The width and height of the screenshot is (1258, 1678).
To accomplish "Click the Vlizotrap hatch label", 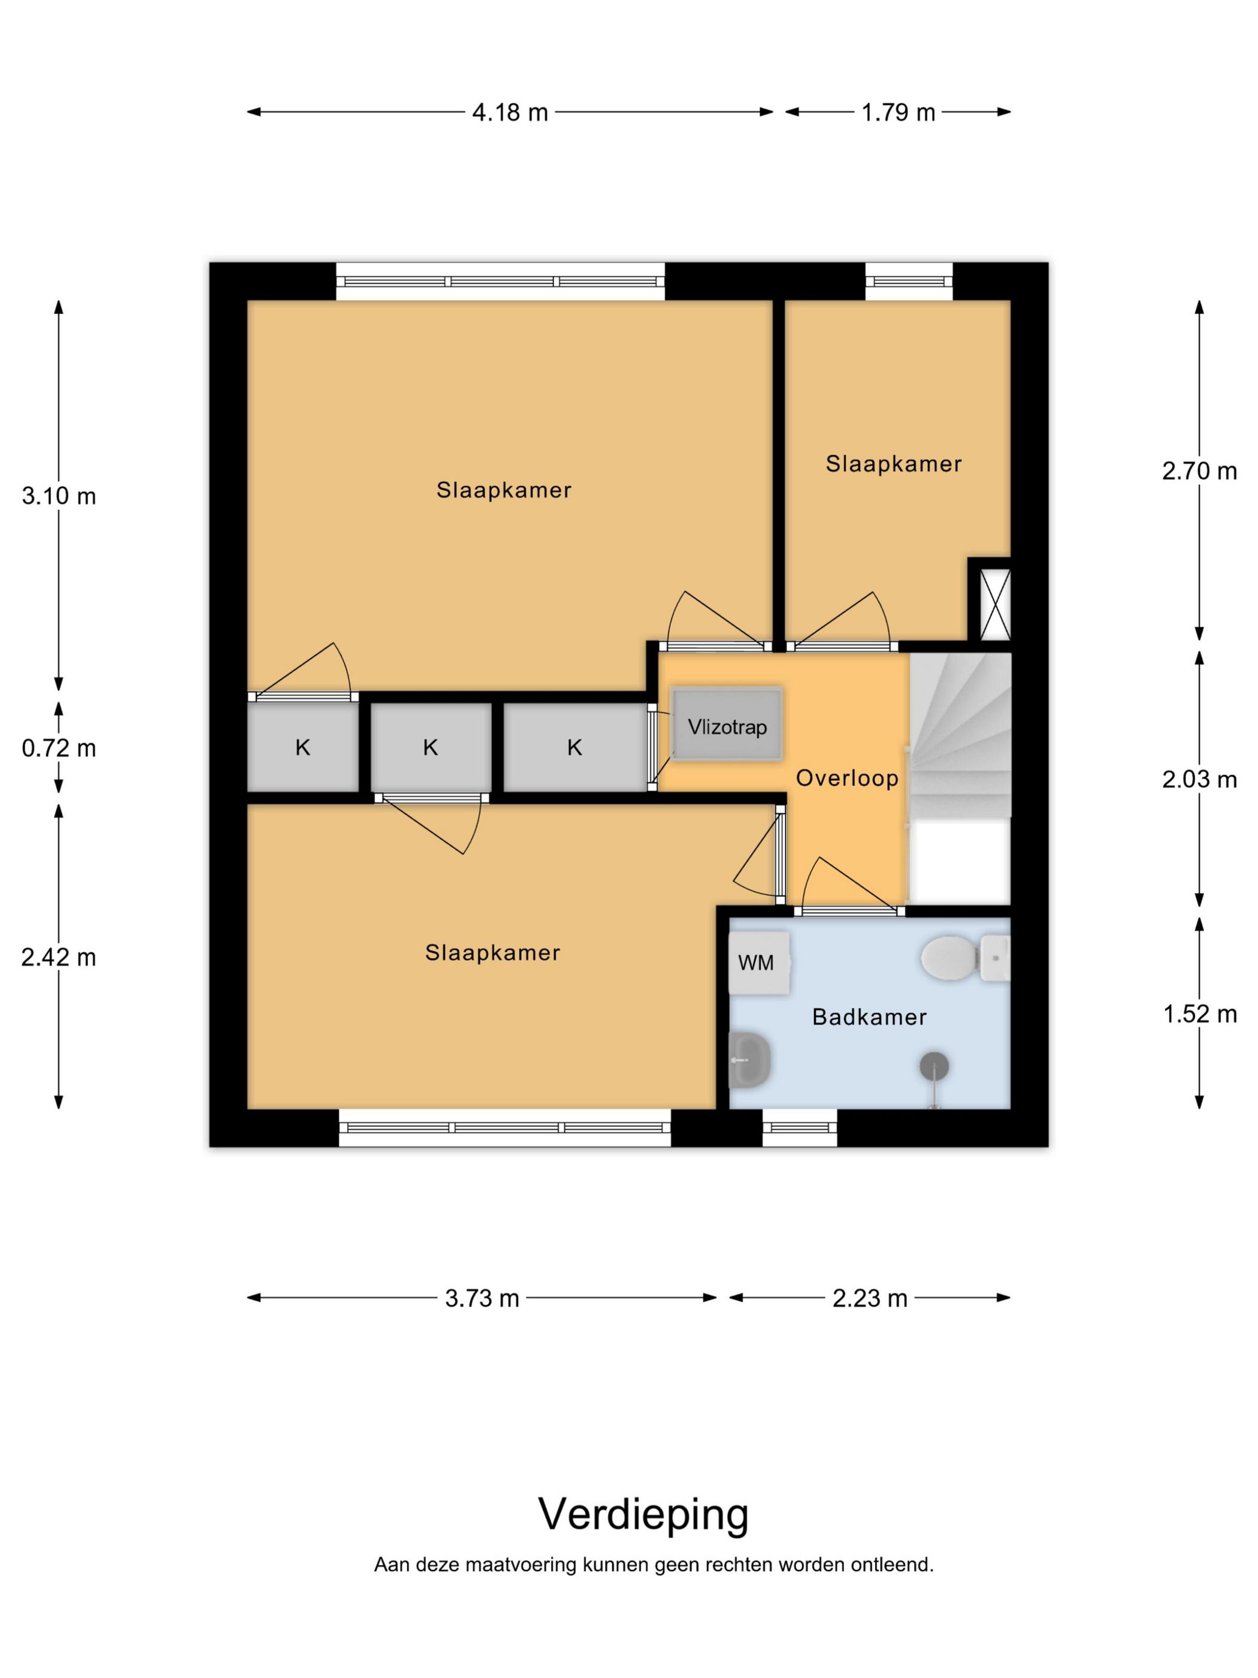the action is (x=727, y=727).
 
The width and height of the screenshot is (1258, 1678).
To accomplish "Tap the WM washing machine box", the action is (x=759, y=962).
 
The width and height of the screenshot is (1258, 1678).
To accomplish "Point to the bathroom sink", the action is (x=749, y=1060).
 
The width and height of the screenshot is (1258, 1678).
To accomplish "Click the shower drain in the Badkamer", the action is (x=934, y=1066).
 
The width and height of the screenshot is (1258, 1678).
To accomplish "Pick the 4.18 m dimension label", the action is (x=510, y=112).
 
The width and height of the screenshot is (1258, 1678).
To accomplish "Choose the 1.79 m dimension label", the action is (x=898, y=112).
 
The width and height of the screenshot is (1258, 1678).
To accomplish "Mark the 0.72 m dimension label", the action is (x=58, y=748).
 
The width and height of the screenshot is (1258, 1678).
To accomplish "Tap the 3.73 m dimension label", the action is (x=482, y=1298).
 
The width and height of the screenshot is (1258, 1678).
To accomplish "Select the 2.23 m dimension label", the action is (x=870, y=1298).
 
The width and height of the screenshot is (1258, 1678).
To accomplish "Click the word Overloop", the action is (x=847, y=777).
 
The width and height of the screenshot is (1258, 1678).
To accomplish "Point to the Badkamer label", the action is (x=869, y=1016).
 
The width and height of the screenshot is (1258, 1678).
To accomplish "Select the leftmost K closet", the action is (x=303, y=747).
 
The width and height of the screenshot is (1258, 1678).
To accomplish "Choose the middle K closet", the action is (x=431, y=747).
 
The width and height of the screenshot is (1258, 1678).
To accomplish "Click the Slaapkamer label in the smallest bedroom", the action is (x=893, y=463).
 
